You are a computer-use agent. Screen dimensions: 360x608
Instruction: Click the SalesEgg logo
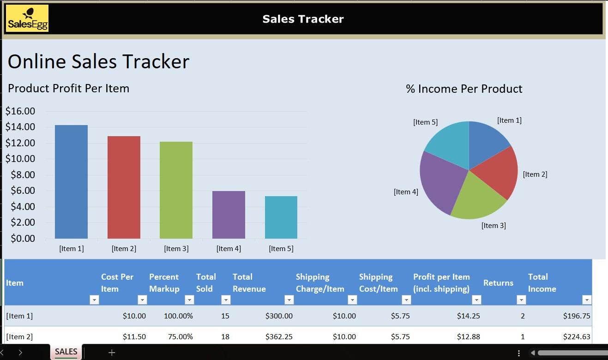tap(27, 18)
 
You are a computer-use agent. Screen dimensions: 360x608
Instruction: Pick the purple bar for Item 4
tap(229, 215)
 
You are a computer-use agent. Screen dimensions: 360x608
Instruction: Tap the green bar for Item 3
tap(176, 190)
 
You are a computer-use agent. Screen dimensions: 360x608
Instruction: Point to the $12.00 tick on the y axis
tap(20, 143)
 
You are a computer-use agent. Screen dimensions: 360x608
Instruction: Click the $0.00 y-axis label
tap(20, 239)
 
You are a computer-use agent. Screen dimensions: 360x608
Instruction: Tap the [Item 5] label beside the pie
tap(425, 122)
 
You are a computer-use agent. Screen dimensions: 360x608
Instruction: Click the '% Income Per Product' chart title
tap(464, 89)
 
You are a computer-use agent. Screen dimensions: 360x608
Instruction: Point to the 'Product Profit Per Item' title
tap(68, 89)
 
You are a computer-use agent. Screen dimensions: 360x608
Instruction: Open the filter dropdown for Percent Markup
tap(189, 300)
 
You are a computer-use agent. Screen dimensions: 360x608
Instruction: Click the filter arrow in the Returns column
tap(521, 300)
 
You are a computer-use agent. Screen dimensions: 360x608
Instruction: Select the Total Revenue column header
tap(249, 283)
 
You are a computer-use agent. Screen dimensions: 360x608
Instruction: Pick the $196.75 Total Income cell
tap(577, 316)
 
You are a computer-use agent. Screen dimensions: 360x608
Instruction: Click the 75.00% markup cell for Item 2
tap(180, 337)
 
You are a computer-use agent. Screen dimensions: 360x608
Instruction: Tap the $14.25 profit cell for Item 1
tap(468, 316)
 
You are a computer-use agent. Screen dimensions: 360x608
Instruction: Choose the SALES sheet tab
tap(66, 352)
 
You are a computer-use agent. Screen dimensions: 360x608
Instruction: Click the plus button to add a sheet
tap(111, 353)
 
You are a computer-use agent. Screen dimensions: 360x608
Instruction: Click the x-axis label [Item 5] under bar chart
tap(281, 249)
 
